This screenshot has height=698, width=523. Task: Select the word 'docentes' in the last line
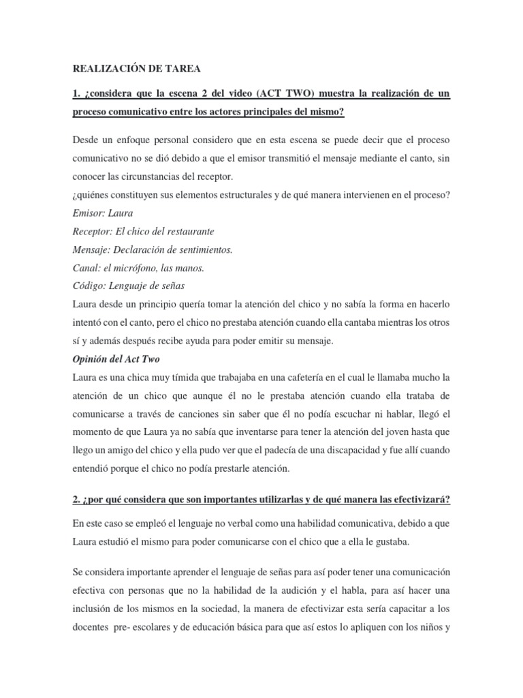pos(93,622)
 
